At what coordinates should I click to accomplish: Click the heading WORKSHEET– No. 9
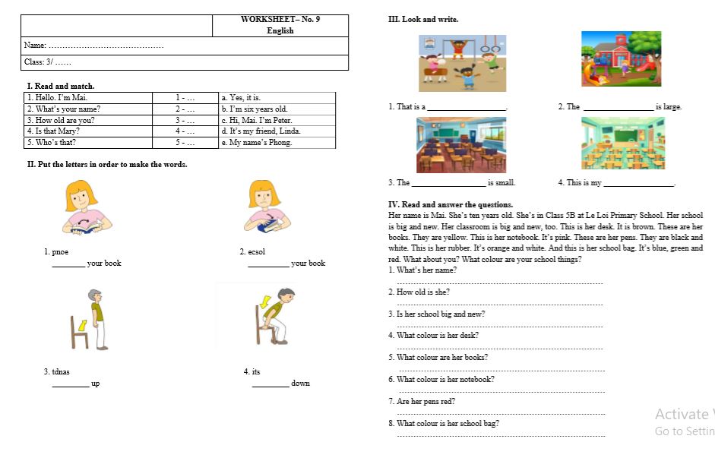click(x=280, y=20)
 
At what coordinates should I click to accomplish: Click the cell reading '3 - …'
click(x=185, y=120)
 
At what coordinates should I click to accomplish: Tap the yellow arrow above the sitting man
click(x=265, y=302)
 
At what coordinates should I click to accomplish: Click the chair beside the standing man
click(x=80, y=333)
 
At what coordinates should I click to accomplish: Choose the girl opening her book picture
click(x=86, y=207)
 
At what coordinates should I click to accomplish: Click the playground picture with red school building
click(x=621, y=59)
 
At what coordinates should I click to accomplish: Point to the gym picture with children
click(x=462, y=63)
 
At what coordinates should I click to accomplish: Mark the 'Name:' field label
click(x=35, y=46)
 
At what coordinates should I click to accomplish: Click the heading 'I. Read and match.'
click(x=61, y=86)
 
